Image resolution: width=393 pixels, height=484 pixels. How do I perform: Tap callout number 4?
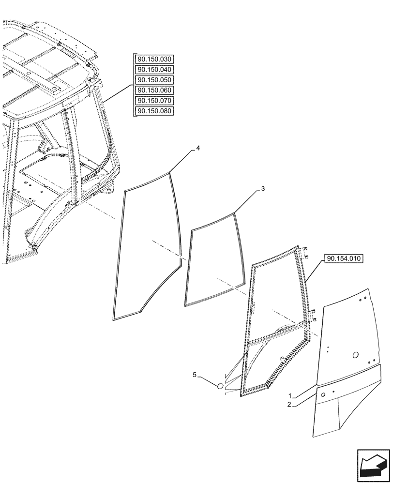(x=198, y=147)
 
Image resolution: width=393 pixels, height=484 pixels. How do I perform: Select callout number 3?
(x=262, y=189)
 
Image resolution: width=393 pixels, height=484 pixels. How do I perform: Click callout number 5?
(x=195, y=375)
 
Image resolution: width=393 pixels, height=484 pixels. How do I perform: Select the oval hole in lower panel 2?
(x=321, y=394)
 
